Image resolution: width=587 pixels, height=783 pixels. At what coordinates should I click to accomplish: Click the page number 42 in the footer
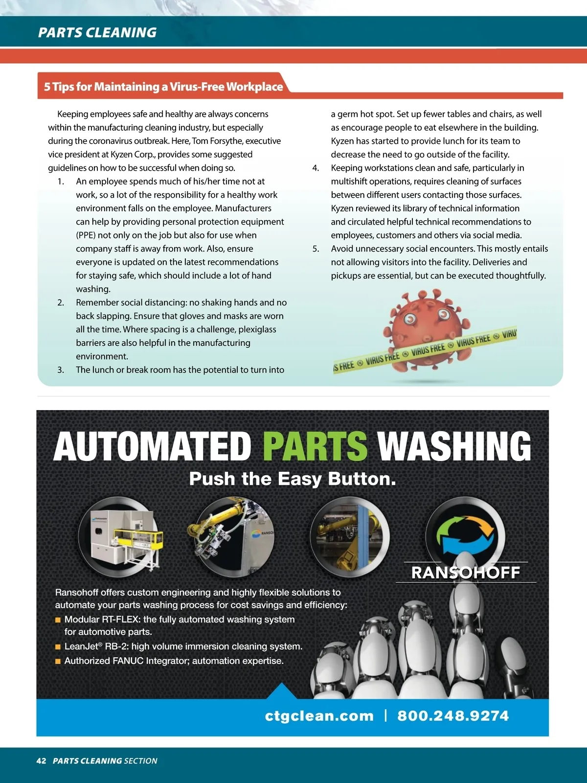pyautogui.click(x=41, y=760)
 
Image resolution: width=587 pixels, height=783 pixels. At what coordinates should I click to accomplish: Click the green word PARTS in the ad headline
pyautogui.click(x=315, y=446)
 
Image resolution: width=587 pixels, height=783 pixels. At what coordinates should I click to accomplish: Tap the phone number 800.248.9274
pyautogui.click(x=453, y=716)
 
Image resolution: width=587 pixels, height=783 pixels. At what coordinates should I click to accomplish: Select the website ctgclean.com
pyautogui.click(x=319, y=716)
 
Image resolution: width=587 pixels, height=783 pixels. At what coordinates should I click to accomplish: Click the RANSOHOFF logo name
pyautogui.click(x=465, y=573)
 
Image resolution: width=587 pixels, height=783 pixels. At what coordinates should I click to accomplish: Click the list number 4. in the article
pyautogui.click(x=316, y=168)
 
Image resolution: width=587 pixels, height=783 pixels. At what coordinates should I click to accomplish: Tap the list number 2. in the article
pyautogui.click(x=61, y=302)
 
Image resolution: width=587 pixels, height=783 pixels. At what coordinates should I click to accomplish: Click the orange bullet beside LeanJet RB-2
pyautogui.click(x=58, y=647)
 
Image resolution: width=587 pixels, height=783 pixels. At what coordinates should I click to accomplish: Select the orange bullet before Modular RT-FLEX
pyautogui.click(x=58, y=620)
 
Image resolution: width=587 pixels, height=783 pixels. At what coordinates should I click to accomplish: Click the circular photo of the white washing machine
pyautogui.click(x=118, y=537)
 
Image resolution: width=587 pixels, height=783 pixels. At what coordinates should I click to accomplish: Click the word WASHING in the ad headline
pyautogui.click(x=454, y=446)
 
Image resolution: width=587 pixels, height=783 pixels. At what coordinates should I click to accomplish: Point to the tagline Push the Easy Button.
pyautogui.click(x=293, y=479)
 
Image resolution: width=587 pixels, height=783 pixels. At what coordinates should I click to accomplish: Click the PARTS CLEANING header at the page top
pyautogui.click(x=97, y=32)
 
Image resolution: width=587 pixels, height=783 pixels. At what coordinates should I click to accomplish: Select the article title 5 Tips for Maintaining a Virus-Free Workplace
pyautogui.click(x=163, y=87)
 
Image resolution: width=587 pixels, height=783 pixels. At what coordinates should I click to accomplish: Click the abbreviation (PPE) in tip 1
pyautogui.click(x=86, y=235)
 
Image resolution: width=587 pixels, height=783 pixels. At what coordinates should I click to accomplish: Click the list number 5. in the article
pyautogui.click(x=316, y=249)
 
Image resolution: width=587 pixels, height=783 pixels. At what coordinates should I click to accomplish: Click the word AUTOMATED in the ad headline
pyautogui.click(x=152, y=446)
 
